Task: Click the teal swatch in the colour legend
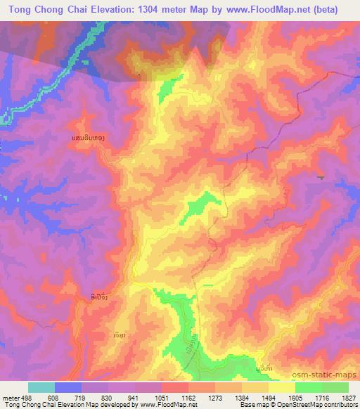41,387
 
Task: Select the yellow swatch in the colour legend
281,387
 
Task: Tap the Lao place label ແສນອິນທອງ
89,138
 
